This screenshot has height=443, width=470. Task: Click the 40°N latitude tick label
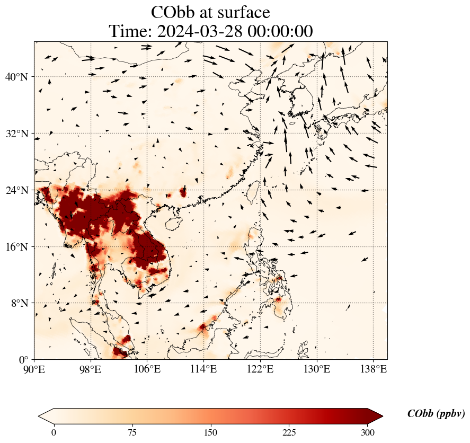(16, 77)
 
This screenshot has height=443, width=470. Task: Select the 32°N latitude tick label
(16, 134)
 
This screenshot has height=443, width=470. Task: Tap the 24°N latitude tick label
(16, 190)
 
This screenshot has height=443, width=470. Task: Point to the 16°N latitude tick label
(16, 247)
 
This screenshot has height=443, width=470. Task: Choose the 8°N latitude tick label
(19, 303)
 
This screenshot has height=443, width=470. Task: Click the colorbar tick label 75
(132, 432)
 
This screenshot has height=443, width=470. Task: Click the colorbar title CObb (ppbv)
(436, 414)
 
